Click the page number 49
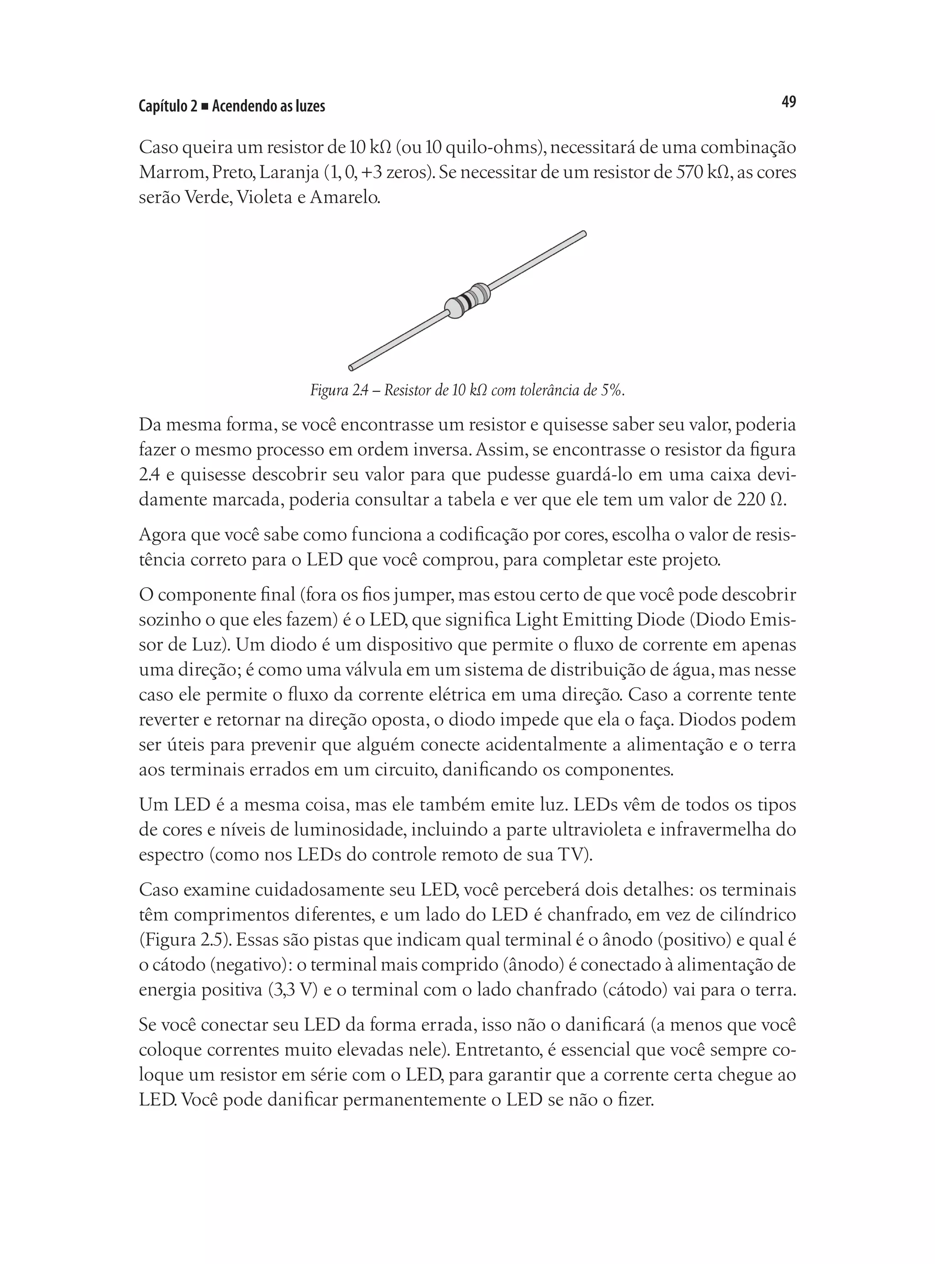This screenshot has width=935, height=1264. pos(788,102)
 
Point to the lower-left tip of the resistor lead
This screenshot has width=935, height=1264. pos(352,368)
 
